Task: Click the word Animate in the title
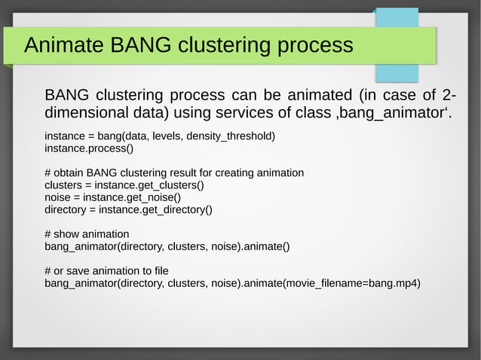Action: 64,45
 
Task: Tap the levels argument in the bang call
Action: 167,136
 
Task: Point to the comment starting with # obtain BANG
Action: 174,172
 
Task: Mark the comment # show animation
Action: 87,233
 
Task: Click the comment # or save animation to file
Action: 106,270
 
